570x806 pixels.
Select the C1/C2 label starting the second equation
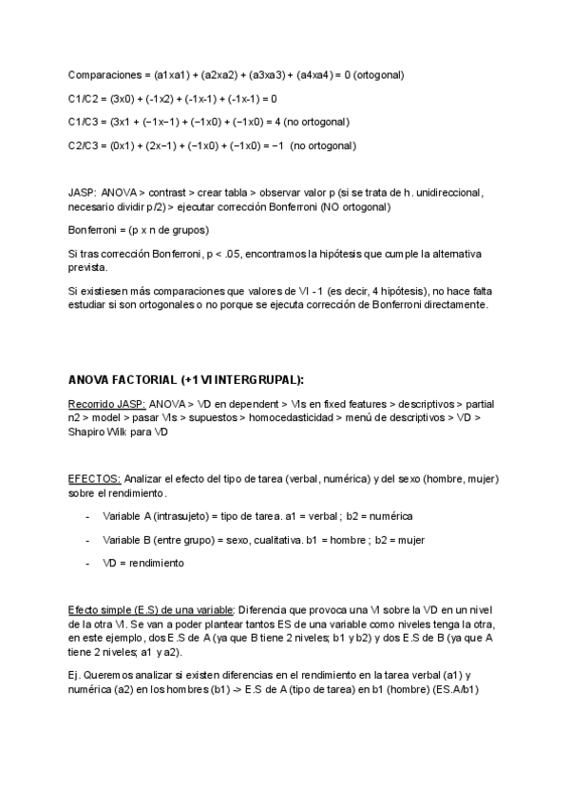[x=84, y=98]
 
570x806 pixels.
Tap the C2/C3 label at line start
[x=84, y=145]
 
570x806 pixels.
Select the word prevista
[x=88, y=268]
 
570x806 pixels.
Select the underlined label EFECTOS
[x=94, y=478]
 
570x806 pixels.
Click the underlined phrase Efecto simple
[x=99, y=609]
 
